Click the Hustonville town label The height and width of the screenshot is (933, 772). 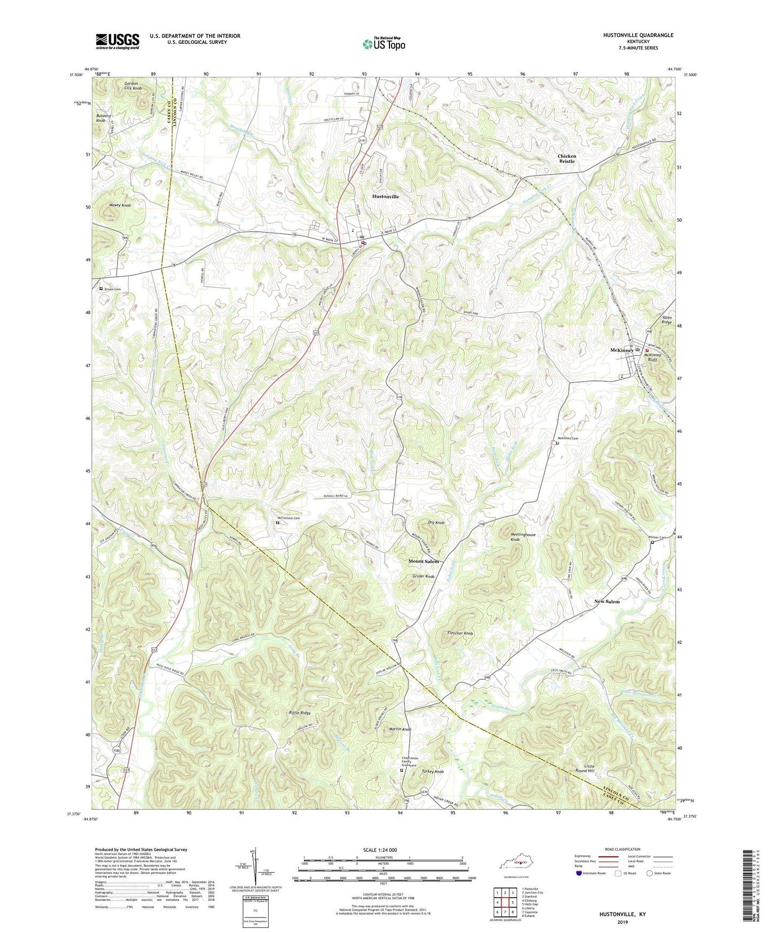[385, 197]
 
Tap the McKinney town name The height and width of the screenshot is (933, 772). [621, 351]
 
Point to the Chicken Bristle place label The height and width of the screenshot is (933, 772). [567, 159]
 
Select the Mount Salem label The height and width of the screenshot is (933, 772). [423, 562]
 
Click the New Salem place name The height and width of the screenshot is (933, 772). [607, 602]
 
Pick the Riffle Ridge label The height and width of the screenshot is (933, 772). [299, 713]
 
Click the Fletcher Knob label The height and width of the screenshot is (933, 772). [460, 633]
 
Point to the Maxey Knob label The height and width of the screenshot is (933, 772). [120, 205]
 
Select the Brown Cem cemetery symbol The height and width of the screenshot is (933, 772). [101, 289]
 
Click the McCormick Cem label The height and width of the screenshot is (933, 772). [288, 518]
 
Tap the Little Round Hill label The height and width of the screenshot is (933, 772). [585, 768]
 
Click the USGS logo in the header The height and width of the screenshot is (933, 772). [118, 41]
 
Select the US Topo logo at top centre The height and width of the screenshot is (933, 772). [384, 43]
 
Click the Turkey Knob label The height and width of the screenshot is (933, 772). [432, 772]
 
